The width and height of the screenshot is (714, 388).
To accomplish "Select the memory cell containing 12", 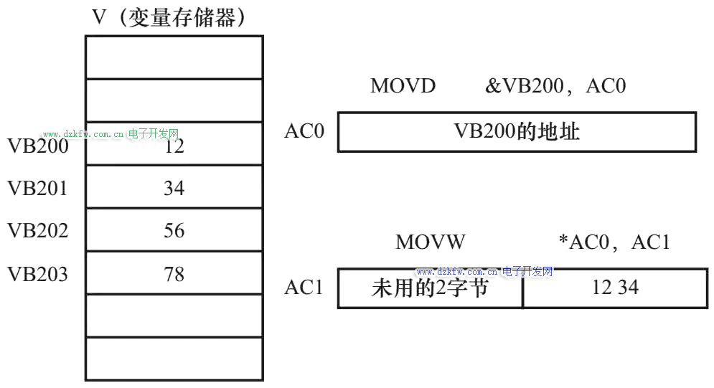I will click(x=174, y=144).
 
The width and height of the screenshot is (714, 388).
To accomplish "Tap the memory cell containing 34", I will click(x=174, y=188).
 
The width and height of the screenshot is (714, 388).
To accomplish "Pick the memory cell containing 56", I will click(x=174, y=230).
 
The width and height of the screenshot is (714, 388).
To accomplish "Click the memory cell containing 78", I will click(x=174, y=273).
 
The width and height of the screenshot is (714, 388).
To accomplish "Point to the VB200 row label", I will click(x=38, y=146).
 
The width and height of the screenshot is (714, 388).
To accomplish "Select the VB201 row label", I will click(x=38, y=188).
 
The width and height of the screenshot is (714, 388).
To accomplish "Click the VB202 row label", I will click(x=38, y=230).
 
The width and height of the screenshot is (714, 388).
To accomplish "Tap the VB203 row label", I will click(x=38, y=273).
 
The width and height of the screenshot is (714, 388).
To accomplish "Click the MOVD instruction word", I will click(x=403, y=86).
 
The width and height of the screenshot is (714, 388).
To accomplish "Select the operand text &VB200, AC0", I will click(x=555, y=86).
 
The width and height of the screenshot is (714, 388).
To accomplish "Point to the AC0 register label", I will click(x=304, y=131).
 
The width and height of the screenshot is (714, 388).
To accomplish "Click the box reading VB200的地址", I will click(x=517, y=132).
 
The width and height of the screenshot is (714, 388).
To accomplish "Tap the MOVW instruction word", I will click(x=431, y=242).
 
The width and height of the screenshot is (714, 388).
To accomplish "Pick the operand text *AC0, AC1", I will click(x=614, y=242).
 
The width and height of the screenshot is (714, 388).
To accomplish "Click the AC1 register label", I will click(x=304, y=288).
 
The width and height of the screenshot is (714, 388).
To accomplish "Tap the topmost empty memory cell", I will click(x=174, y=57).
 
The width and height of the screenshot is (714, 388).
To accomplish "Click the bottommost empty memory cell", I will click(x=174, y=359).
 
